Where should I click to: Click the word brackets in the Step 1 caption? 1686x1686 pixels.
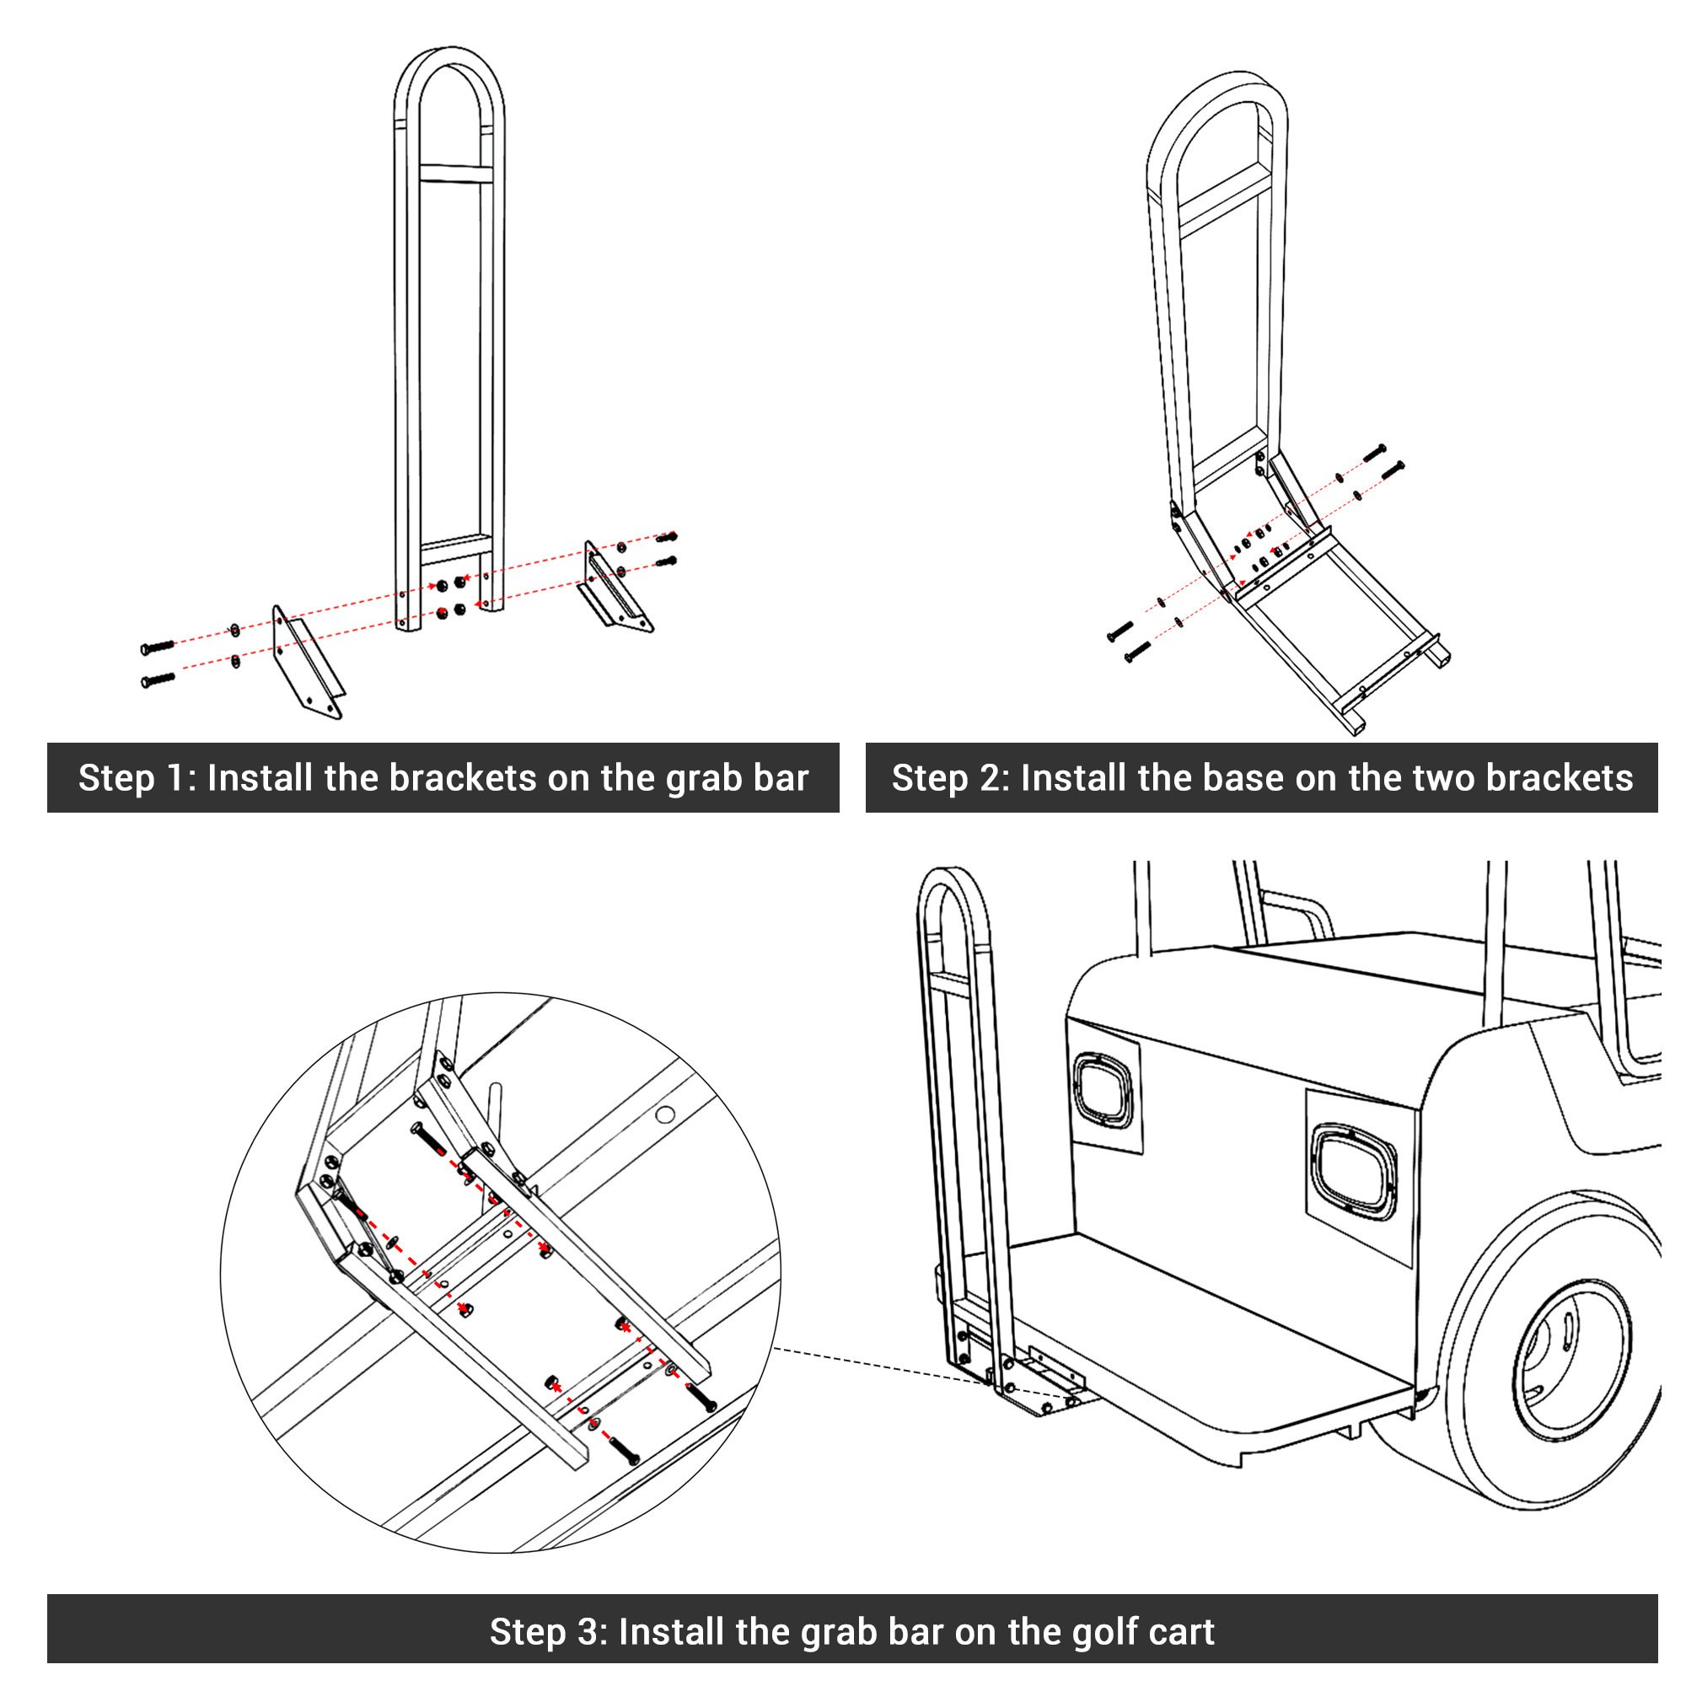click(x=463, y=777)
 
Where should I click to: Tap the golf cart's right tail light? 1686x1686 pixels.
click(x=1354, y=1171)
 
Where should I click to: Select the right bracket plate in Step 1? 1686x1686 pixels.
click(x=617, y=587)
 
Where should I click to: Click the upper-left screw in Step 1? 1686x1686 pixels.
click(x=158, y=647)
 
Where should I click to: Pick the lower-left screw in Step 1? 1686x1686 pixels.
click(x=158, y=678)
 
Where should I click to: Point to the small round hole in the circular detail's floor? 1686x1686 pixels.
click(x=665, y=1114)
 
